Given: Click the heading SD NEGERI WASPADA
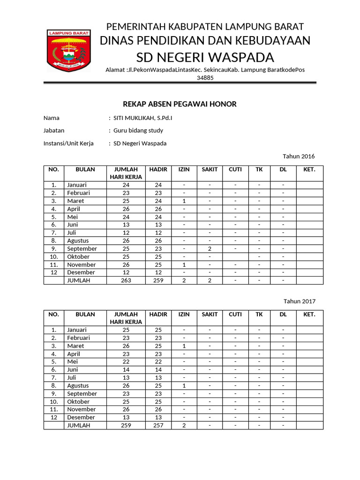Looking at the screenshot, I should pyautogui.click(x=205, y=57).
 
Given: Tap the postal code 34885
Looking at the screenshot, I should pyautogui.click(x=205, y=78).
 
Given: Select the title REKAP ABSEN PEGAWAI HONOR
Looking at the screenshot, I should pyautogui.click(x=180, y=104).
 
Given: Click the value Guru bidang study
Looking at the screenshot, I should pyautogui.click(x=138, y=130).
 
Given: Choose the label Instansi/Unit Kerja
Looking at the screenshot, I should pyautogui.click(x=68, y=143).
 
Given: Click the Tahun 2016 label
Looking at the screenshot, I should pyautogui.click(x=299, y=156).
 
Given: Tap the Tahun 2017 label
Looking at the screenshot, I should pyautogui.click(x=299, y=301).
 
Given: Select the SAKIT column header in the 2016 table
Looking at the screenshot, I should pyautogui.click(x=210, y=170).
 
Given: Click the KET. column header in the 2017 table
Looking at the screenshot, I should pyautogui.click(x=309, y=315).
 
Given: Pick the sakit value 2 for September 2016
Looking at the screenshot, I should pyautogui.click(x=210, y=248).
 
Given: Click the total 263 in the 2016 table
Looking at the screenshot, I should pyautogui.click(x=126, y=280).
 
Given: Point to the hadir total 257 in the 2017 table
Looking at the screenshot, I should pyautogui.click(x=158, y=425).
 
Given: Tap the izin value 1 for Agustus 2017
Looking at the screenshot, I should pyautogui.click(x=184, y=385).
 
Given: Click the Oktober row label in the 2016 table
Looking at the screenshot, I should pyautogui.click(x=78, y=256).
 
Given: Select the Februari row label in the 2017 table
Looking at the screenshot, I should pyautogui.click(x=78, y=337).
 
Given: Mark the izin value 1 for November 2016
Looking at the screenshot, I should pyautogui.click(x=184, y=264).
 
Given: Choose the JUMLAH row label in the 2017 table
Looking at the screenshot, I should pyautogui.click(x=78, y=425).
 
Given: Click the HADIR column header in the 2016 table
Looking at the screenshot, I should pyautogui.click(x=158, y=170).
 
